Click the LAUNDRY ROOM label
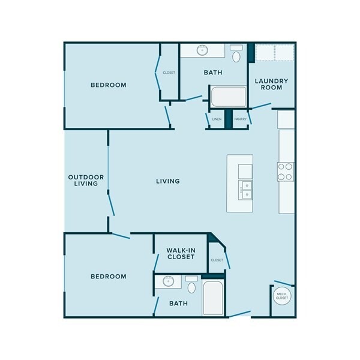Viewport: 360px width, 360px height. (x=272, y=85)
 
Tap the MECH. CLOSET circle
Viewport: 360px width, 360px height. (x=282, y=295)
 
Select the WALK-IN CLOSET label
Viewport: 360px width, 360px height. (x=181, y=253)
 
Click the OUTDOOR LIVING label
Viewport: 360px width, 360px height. (x=86, y=181)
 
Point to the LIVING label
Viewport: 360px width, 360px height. (x=168, y=181)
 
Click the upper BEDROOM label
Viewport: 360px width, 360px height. (x=109, y=85)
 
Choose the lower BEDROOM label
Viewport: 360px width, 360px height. (x=109, y=277)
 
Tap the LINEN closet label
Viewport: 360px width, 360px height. (x=217, y=119)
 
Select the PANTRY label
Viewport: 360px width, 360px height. (x=241, y=119)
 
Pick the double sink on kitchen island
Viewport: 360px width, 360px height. (x=245, y=190)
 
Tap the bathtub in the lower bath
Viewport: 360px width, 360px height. (x=212, y=298)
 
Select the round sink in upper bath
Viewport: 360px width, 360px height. (x=202, y=50)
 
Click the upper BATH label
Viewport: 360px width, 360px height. (x=213, y=73)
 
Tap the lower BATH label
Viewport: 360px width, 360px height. (x=178, y=304)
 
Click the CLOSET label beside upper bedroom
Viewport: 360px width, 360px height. (x=169, y=73)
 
